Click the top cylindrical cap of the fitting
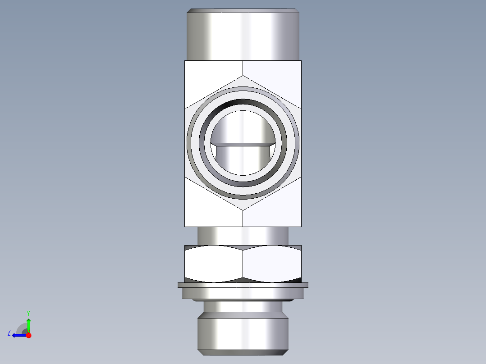pyautogui.click(x=243, y=35)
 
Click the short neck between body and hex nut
pyautogui.click(x=243, y=235)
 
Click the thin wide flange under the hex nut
pyautogui.click(x=243, y=285)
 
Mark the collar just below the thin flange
pyautogui.click(x=243, y=293)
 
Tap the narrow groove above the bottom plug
pyautogui.click(x=243, y=309)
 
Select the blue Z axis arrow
pyautogui.click(x=18, y=335)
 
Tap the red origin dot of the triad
pyautogui.click(x=28, y=335)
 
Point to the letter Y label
pyautogui.click(x=28, y=313)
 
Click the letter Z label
pyautogui.click(x=9, y=333)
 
